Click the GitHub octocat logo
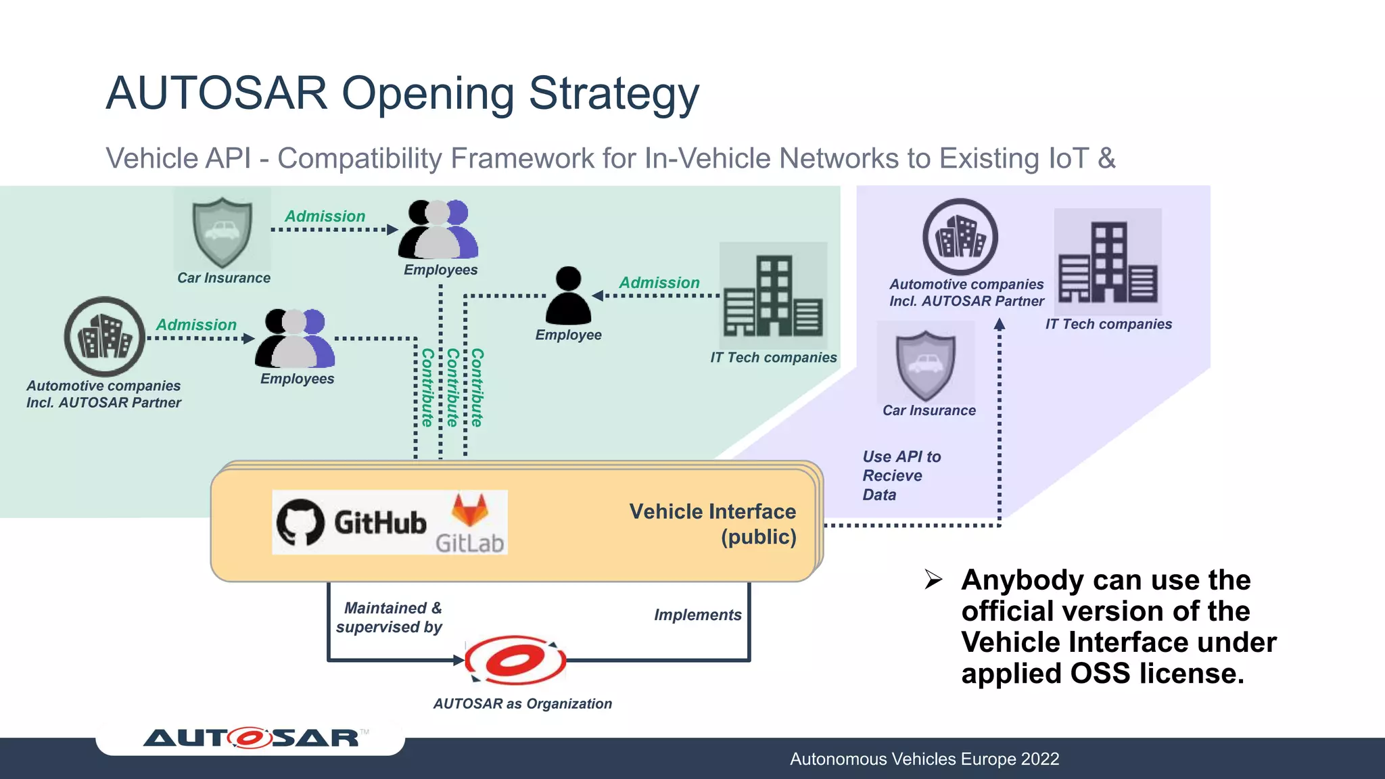click(300, 522)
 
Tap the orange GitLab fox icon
click(469, 511)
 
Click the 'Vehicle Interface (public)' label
click(713, 524)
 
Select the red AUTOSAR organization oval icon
click(515, 660)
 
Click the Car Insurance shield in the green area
click(222, 231)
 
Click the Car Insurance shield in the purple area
click(925, 365)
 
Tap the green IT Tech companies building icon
click(773, 296)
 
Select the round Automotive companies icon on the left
click(104, 337)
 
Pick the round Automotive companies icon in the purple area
click(960, 237)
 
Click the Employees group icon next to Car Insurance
click(438, 230)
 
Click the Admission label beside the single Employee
click(659, 283)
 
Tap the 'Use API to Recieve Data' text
click(901, 475)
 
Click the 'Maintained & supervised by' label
click(390, 617)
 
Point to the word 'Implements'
click(697, 615)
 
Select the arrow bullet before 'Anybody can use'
click(933, 580)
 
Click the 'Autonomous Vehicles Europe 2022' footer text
click(924, 759)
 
